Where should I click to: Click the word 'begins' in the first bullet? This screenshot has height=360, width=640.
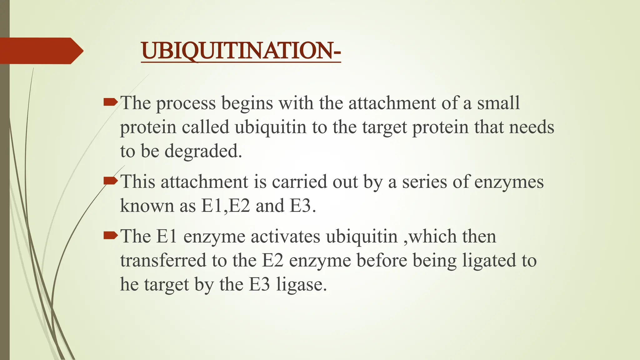[247, 104]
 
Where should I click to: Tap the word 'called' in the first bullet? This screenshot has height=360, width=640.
[206, 127]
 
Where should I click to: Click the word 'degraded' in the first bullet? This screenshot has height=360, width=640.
[203, 152]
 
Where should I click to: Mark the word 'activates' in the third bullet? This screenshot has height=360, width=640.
[285, 237]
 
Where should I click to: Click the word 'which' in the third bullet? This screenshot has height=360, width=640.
[432, 237]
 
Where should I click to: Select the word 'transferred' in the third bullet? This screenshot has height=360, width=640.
[163, 261]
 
